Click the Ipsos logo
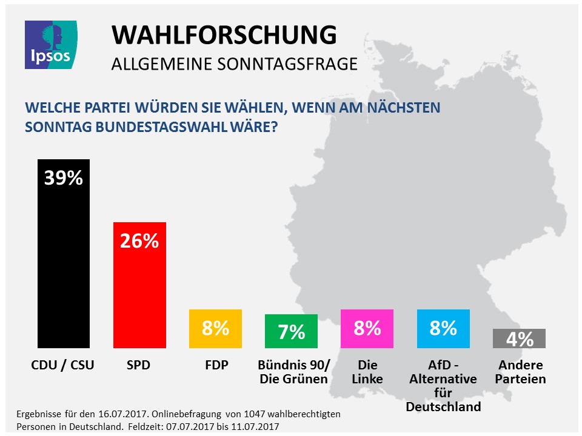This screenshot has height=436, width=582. tap(50, 44)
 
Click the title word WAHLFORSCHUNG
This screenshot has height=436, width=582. tap(224, 36)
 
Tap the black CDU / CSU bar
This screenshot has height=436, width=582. tap(64, 254)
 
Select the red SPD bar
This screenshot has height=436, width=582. tap(139, 285)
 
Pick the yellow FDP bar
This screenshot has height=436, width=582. tap(215, 329)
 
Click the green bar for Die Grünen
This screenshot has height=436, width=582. tap(291, 331)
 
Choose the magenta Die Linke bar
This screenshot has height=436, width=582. tap(367, 329)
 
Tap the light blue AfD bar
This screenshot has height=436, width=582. tap(443, 329)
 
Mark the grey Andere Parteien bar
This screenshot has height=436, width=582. tap(519, 339)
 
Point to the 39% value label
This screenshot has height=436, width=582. tap(64, 179)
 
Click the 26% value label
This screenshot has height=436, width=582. tap(139, 241)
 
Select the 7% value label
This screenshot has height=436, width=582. tap(291, 332)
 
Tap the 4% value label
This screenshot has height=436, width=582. tap(519, 339)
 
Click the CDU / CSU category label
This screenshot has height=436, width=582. tap(63, 365)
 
